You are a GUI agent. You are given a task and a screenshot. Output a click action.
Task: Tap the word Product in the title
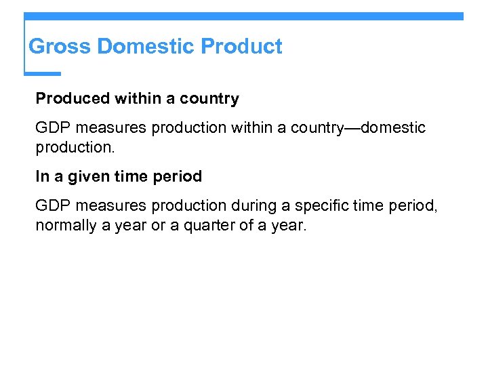coord(242,47)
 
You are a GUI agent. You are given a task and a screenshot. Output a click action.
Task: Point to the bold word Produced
coord(73,99)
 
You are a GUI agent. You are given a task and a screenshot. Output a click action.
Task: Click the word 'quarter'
coord(206,225)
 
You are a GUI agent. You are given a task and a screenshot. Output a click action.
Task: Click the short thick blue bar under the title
coord(43,73)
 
